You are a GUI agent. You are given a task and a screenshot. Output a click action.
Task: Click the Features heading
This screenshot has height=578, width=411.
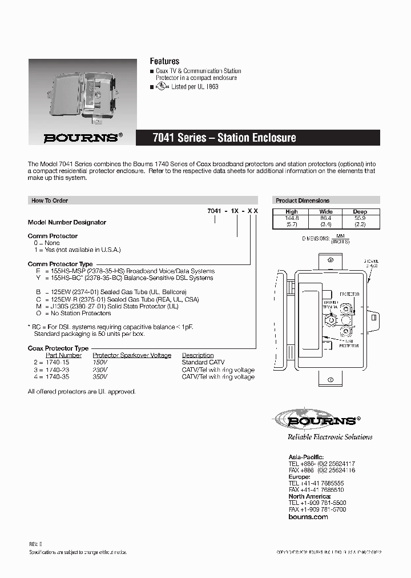pos(164,61)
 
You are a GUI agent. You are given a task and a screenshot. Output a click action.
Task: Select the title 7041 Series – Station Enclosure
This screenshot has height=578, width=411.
pos(224,138)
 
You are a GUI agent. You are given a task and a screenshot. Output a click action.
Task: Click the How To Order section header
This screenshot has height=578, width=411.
pos(50,200)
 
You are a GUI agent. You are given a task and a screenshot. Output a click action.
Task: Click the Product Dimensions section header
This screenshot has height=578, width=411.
pos(303,200)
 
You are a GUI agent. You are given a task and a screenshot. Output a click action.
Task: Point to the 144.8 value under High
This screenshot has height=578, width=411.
pos(292,218)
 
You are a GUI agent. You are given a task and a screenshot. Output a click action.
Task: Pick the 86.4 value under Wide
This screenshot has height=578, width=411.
pos(325,218)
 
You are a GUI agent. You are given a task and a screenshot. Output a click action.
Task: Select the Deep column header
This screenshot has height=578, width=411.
pos(360,211)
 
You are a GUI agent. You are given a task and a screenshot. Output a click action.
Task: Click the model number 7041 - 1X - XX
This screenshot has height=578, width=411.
pos(232,211)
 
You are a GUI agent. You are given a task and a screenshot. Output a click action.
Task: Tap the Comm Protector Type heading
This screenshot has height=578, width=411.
pos(60,264)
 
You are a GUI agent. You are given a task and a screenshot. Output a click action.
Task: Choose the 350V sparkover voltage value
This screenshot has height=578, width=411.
pos(100,377)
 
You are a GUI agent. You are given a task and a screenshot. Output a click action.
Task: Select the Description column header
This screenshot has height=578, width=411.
pos(198,355)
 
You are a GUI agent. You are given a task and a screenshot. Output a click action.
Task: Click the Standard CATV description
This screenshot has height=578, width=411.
pos(203,363)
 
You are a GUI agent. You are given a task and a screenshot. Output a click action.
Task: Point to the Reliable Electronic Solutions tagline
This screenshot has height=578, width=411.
pos(329,437)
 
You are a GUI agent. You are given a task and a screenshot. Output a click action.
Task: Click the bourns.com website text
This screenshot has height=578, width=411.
pos(308,517)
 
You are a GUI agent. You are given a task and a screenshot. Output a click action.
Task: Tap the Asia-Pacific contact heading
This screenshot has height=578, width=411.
pos(307,457)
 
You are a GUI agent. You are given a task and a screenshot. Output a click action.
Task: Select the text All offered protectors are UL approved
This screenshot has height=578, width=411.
pos(82,392)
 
